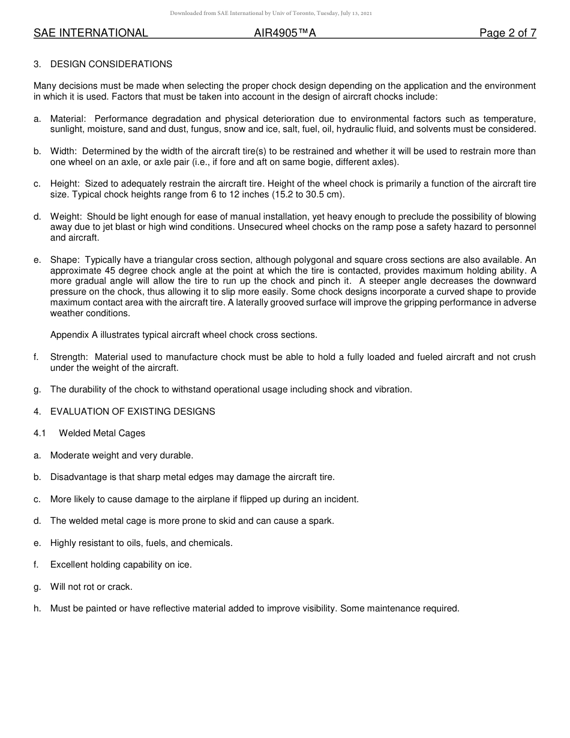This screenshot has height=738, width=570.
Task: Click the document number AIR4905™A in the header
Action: pyautogui.click(x=284, y=34)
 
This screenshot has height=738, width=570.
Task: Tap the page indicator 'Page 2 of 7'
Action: pyautogui.click(x=508, y=34)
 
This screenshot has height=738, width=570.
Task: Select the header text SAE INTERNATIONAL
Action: pyautogui.click(x=91, y=34)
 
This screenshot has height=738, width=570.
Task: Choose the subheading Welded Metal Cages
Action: pyautogui.click(x=102, y=433)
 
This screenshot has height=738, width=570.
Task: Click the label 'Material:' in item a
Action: pyautogui.click(x=68, y=119)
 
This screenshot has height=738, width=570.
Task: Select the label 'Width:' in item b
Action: pyautogui.click(x=64, y=151)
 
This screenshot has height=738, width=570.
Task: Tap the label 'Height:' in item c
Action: pyautogui.click(x=65, y=184)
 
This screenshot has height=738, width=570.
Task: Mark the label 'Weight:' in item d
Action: pyautogui.click(x=67, y=217)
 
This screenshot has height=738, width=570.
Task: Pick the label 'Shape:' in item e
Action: pyautogui.click(x=65, y=260)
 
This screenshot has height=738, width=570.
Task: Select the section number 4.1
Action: pyautogui.click(x=40, y=433)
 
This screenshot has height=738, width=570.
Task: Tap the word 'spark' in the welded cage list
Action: pyautogui.click(x=320, y=521)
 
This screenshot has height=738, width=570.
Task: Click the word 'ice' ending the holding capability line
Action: pyautogui.click(x=184, y=565)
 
